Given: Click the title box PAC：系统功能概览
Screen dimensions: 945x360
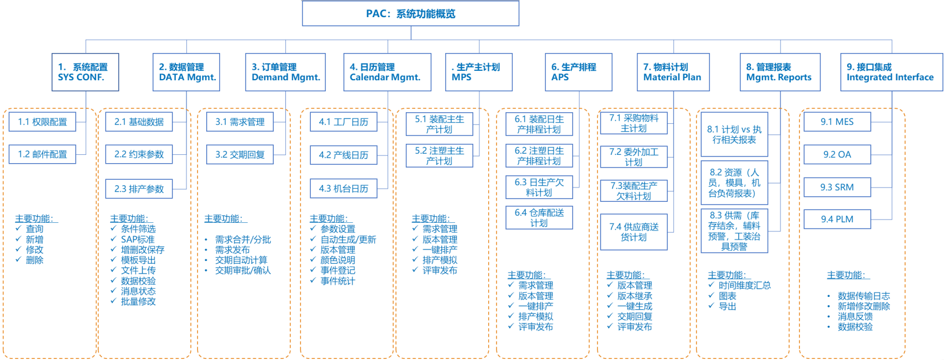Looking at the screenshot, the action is (410, 13).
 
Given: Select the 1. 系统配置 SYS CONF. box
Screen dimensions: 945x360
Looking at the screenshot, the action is (85, 72).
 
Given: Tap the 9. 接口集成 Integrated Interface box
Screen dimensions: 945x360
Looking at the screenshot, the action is (891, 72).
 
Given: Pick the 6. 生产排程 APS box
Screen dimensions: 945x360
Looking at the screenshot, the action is (578, 72).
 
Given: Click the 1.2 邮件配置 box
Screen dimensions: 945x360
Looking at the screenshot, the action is (42, 154).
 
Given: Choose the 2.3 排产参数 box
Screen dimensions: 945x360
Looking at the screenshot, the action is (139, 189).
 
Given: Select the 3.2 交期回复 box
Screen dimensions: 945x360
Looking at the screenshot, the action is (239, 154).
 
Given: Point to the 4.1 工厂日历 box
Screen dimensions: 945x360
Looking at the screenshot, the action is (343, 122).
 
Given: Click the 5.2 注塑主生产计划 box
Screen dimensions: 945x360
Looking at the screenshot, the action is (439, 156).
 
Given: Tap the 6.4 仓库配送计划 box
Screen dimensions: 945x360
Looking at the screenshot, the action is (539, 218).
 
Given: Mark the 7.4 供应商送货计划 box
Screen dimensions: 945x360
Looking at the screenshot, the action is (634, 232).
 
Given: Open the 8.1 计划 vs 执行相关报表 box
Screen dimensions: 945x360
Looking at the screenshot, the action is (734, 134).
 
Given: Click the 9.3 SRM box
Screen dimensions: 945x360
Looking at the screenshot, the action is (837, 187).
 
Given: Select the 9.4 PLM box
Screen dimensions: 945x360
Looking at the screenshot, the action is (837, 219).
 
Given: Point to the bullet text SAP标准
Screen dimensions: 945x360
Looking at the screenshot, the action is (138, 239).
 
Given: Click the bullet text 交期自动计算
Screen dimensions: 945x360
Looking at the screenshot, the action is (241, 260).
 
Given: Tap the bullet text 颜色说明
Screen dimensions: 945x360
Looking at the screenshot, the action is (337, 260).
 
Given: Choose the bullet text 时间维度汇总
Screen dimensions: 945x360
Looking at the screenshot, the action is (745, 285).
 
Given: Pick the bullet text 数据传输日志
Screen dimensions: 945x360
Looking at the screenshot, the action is (864, 296).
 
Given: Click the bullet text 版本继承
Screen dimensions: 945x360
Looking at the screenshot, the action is (634, 296).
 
